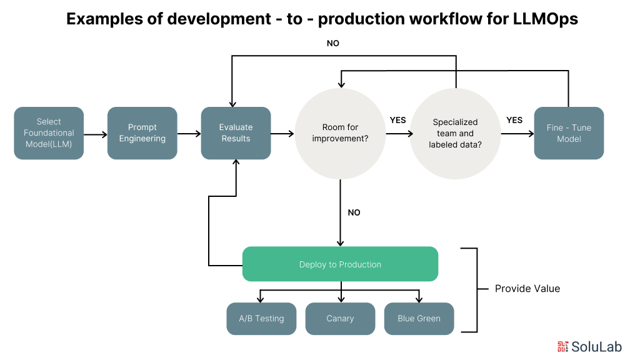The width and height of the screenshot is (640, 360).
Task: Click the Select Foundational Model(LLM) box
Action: click(49, 133)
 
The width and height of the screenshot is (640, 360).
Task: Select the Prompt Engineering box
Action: click(142, 133)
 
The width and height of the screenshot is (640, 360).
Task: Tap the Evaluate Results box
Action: click(236, 133)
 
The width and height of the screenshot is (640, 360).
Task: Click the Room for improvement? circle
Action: click(340, 132)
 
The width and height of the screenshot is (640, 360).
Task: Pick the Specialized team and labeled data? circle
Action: click(455, 132)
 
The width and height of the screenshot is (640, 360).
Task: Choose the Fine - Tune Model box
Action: click(569, 133)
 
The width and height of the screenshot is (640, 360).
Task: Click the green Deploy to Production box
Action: click(340, 264)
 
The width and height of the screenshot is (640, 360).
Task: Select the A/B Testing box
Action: click(261, 319)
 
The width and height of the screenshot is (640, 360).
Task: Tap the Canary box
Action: click(340, 319)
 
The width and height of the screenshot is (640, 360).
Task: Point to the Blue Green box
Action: click(419, 319)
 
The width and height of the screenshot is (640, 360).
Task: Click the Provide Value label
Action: click(527, 289)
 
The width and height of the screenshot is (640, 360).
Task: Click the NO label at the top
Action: click(333, 44)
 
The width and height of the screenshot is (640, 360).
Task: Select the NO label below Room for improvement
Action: click(354, 212)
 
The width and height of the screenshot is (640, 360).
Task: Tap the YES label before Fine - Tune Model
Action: click(514, 120)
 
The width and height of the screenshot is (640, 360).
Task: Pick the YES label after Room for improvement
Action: click(398, 120)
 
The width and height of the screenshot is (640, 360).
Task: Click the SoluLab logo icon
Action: click(563, 346)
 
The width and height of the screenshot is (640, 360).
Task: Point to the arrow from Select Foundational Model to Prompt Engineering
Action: click(96, 134)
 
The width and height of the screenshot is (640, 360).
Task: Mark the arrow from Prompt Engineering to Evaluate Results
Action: click(189, 134)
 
